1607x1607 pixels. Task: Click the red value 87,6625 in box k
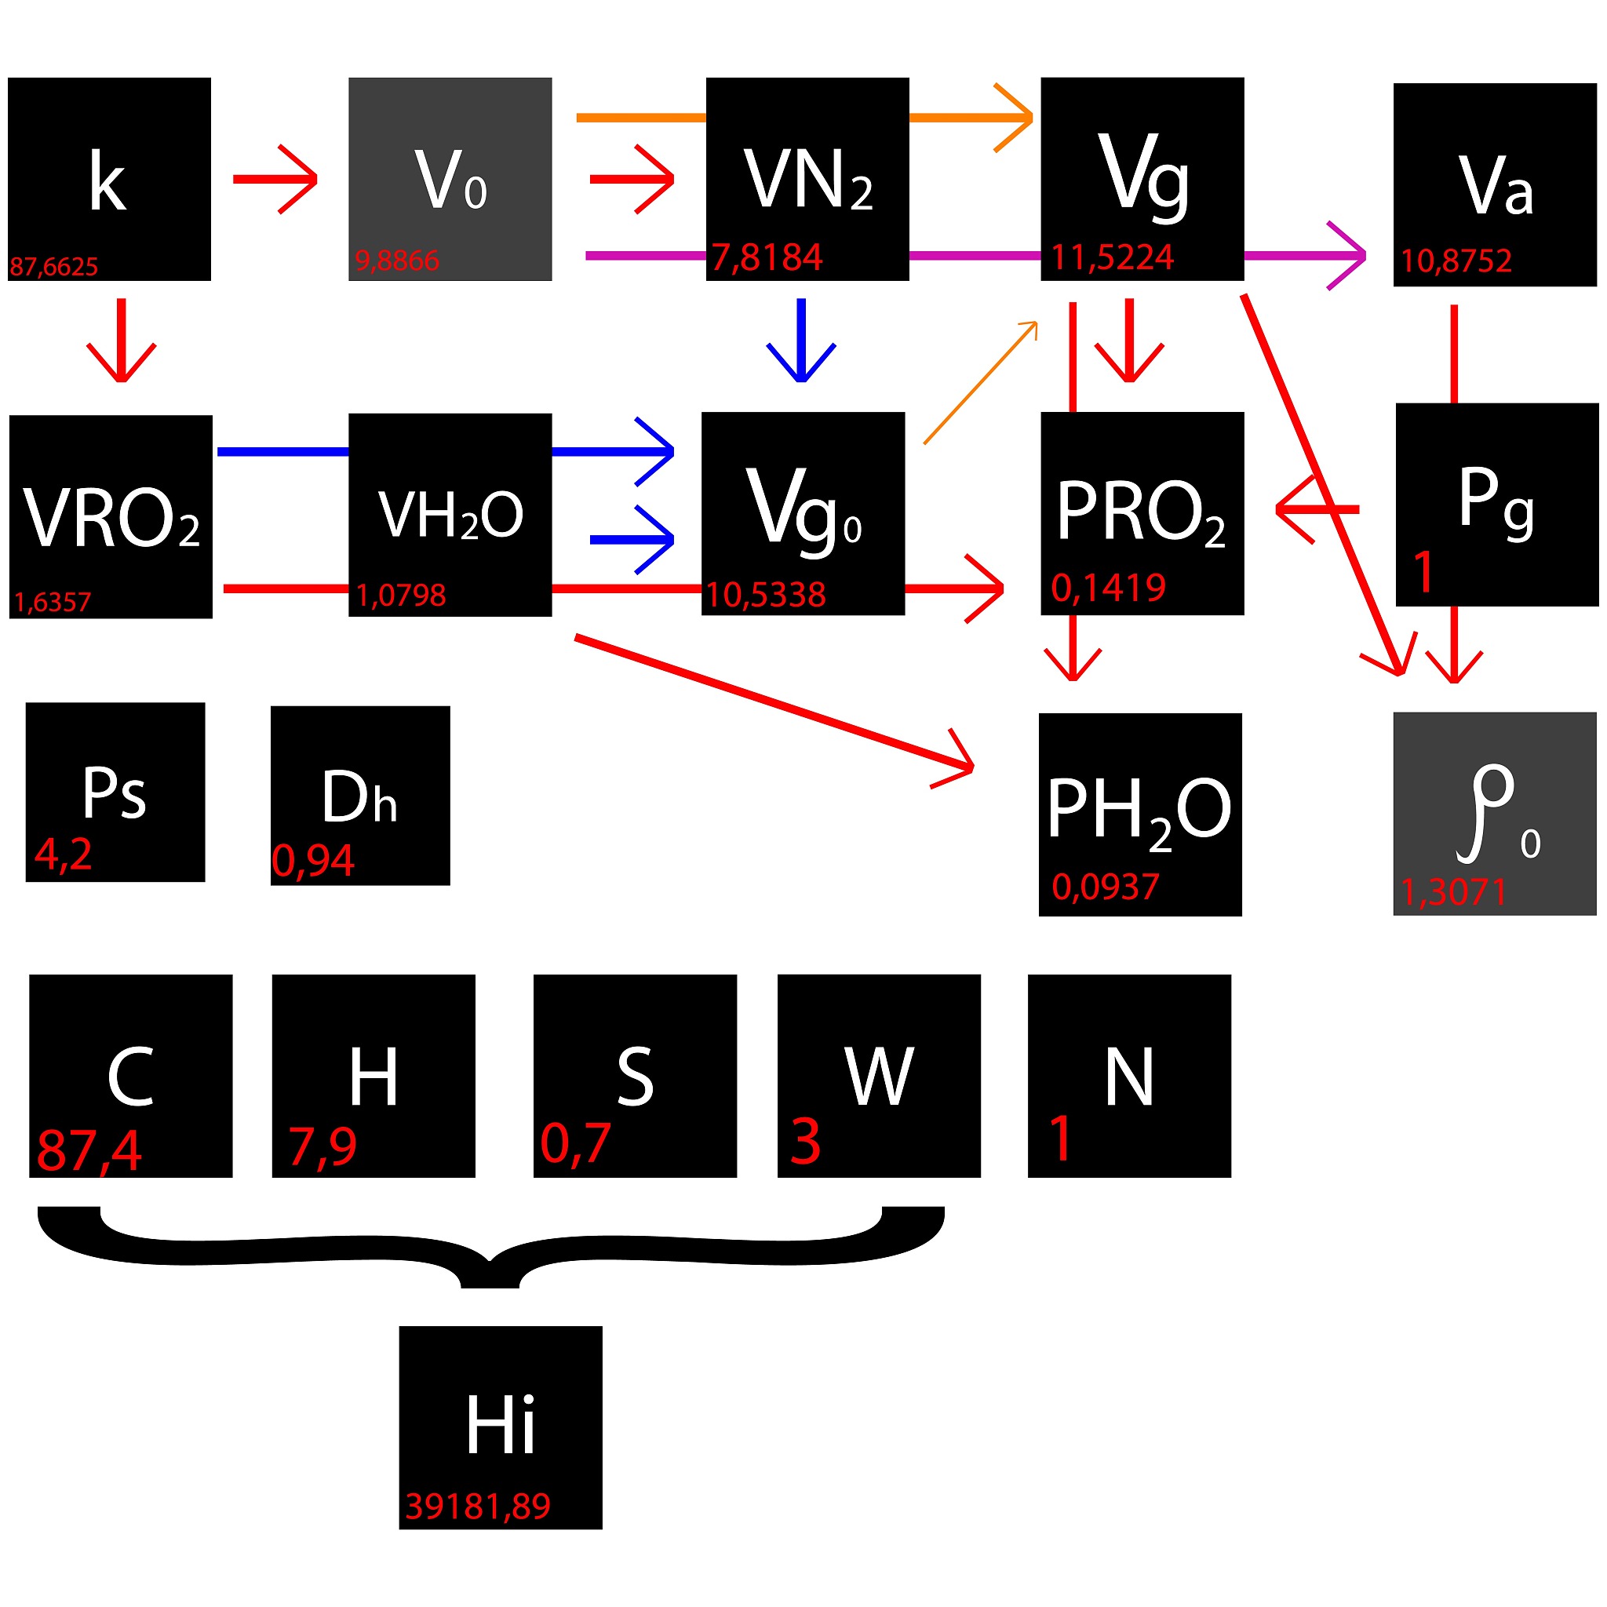[x=54, y=267]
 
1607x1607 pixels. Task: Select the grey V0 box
[x=450, y=179]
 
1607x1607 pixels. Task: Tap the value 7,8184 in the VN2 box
[x=766, y=257]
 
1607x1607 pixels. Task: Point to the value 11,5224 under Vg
[x=1112, y=258]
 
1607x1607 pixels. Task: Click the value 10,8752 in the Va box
[x=1456, y=261]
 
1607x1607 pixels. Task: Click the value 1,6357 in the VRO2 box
[x=53, y=601]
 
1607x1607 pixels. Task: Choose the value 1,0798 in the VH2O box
[x=401, y=595]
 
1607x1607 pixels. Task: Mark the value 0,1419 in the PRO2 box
[x=1108, y=588]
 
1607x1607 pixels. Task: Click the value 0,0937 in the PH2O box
[x=1106, y=887]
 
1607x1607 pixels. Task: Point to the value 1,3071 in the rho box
[x=1453, y=892]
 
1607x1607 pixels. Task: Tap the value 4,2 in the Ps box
[x=64, y=855]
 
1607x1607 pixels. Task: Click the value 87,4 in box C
[x=89, y=1151]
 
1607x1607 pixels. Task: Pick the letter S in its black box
[x=635, y=1077]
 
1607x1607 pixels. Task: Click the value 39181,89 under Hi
[x=479, y=1507]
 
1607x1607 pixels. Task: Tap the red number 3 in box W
[x=805, y=1141]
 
